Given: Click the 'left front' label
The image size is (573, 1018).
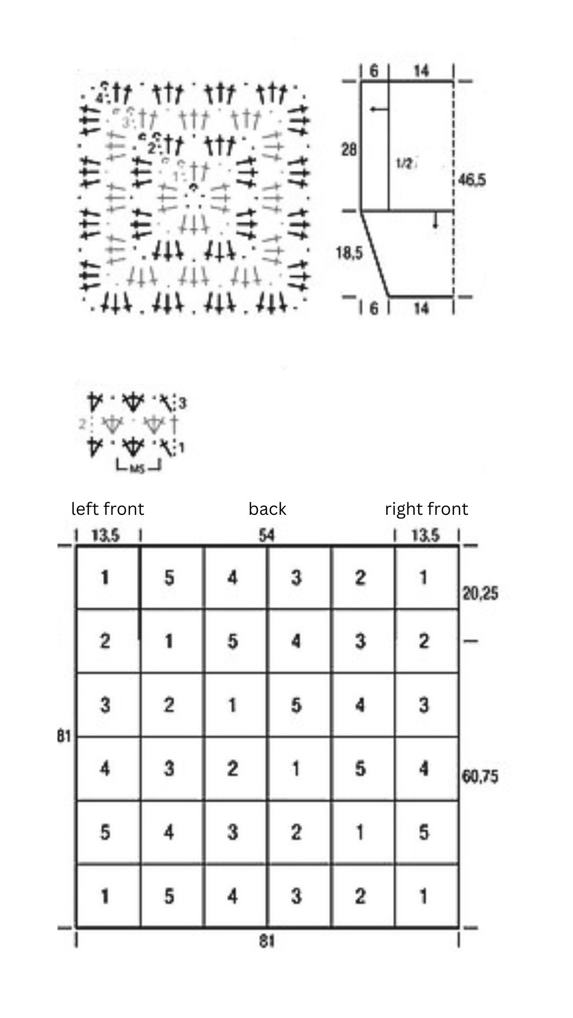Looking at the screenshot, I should click(108, 509).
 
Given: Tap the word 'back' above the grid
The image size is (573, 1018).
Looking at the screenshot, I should click(267, 509).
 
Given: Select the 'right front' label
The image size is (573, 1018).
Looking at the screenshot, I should click(427, 509).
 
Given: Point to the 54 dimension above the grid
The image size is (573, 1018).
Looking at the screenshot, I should click(267, 536).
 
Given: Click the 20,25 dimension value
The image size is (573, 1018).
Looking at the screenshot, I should click(480, 593).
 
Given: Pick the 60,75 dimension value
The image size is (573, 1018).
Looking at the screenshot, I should click(480, 777).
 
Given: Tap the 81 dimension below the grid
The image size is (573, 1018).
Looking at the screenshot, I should click(267, 941).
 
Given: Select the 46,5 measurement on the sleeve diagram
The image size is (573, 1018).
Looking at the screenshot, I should click(472, 181).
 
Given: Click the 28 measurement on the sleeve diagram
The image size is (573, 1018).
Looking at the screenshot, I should click(349, 150).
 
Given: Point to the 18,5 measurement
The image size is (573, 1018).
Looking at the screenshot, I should click(349, 253).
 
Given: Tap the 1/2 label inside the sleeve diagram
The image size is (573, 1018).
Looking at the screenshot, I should click(404, 164).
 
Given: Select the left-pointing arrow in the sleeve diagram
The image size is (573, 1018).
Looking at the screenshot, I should click(379, 109).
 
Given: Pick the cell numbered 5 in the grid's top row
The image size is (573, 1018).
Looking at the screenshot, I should click(169, 577).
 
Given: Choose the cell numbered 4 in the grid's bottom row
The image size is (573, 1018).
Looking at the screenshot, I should click(232, 897).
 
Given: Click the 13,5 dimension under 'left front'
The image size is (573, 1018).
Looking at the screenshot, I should click(106, 536).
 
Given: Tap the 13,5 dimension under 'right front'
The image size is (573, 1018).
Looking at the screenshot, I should click(426, 536).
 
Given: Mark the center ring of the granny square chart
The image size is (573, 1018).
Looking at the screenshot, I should click(194, 187).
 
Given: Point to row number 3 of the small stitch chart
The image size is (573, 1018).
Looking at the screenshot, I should click(182, 404).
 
